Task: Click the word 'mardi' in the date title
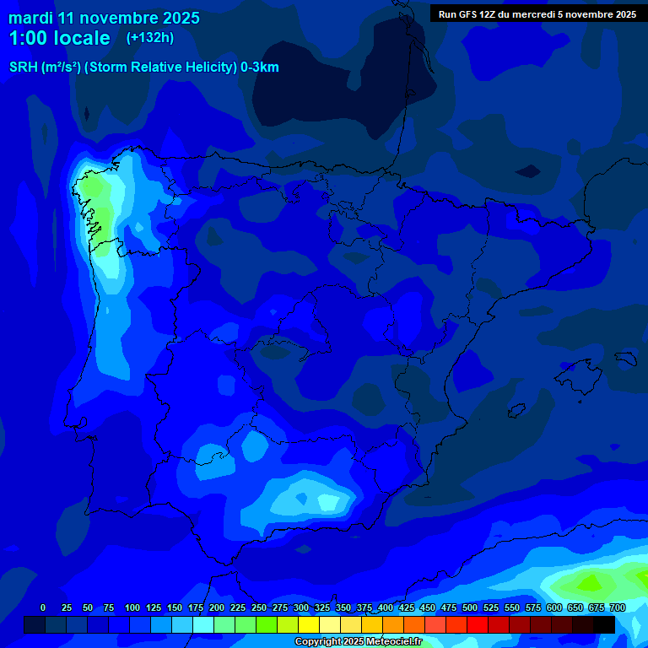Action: point(30,18)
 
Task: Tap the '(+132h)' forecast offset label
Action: point(149,37)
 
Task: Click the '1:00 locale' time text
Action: point(59,38)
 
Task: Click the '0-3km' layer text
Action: point(260,67)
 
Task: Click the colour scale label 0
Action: point(43,607)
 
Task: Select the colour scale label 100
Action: point(132,607)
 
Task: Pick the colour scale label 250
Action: point(259,607)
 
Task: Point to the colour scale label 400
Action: point(386,607)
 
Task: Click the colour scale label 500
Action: point(470,607)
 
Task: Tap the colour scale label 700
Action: point(618,607)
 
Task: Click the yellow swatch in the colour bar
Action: point(309,624)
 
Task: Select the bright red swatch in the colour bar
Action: point(478,624)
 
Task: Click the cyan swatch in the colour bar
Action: point(203,624)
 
